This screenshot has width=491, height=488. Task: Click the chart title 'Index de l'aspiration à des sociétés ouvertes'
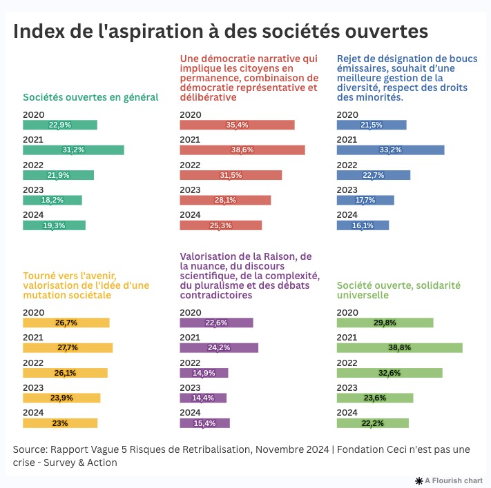coord(220,32)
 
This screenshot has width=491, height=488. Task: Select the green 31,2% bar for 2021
coord(73,150)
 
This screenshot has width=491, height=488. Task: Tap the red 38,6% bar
coord(242,150)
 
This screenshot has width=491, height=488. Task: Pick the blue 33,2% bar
coord(390,150)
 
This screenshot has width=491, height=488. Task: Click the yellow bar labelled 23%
coord(60,423)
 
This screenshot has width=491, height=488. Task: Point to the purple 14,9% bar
coord(204,373)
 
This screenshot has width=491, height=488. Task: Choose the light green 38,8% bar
coord(400,348)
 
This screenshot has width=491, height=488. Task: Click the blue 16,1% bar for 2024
coord(363,225)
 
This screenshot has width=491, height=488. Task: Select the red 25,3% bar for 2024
coord(221,225)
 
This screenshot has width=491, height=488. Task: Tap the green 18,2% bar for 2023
coord(52,200)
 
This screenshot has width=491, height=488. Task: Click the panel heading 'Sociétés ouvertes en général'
coord(90,97)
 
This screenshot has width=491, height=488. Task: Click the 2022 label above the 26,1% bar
coord(33,363)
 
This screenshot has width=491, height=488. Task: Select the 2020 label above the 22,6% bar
coord(190,313)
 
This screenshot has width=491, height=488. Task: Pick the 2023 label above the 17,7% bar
coord(347,190)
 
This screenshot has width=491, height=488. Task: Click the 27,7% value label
coord(68,348)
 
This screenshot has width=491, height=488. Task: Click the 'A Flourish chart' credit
coord(450,480)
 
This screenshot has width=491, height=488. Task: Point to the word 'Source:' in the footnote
coord(30,449)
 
